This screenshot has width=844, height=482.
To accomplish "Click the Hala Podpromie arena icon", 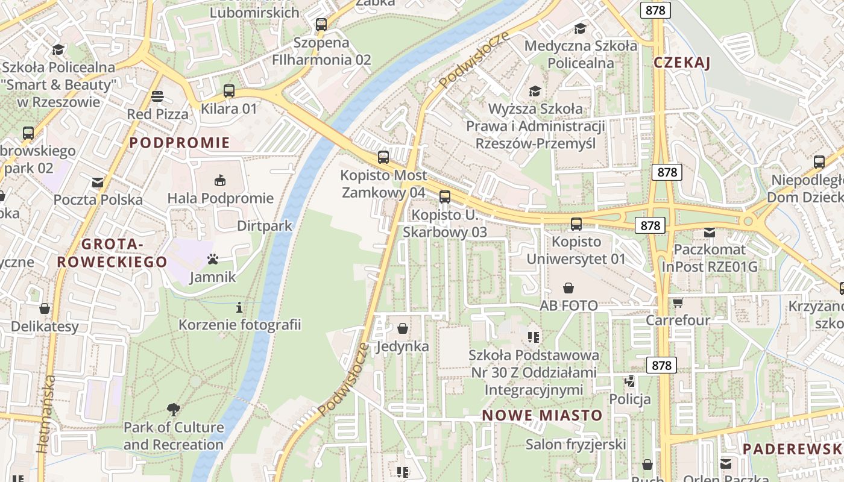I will (220, 180).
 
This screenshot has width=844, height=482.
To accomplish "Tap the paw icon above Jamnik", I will (213, 259).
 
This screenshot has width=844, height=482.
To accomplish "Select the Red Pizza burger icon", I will (157, 96).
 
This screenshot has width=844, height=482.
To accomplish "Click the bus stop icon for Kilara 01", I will (229, 91).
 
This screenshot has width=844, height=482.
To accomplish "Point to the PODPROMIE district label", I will (180, 143).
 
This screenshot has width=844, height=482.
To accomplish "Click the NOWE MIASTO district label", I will (542, 415).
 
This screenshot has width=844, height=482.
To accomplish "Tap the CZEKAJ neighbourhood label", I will (682, 63).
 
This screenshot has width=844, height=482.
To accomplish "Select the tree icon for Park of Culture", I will (174, 410).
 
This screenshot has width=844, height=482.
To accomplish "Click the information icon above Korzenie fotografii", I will (239, 307).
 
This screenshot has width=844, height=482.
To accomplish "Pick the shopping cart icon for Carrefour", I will (678, 302).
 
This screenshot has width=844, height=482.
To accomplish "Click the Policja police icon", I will (630, 381).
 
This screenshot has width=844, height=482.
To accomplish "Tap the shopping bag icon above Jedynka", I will (403, 328).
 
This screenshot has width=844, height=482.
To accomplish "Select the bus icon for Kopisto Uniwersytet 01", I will (576, 224).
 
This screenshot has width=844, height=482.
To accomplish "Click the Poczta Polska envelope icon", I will (98, 182).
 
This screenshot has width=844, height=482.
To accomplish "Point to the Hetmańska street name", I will (45, 414).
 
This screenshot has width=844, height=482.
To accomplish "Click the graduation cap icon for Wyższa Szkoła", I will (535, 91).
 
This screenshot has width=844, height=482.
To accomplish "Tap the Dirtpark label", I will (265, 226).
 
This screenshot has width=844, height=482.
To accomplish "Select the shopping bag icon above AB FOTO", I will (568, 288).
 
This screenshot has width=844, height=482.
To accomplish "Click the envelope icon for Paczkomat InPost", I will (710, 232).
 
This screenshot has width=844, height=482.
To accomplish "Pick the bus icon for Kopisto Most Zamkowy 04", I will (383, 157).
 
